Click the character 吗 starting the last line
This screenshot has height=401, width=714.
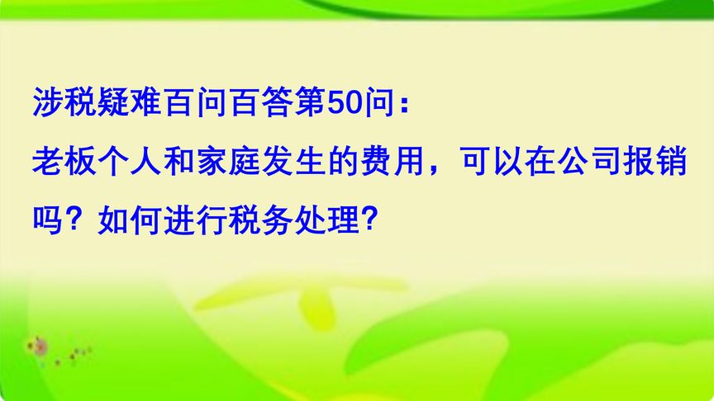[x=48, y=219]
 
